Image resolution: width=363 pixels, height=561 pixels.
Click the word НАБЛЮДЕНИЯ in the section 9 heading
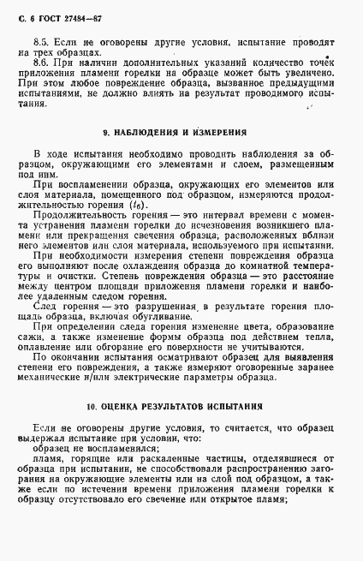pos(148,133)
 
